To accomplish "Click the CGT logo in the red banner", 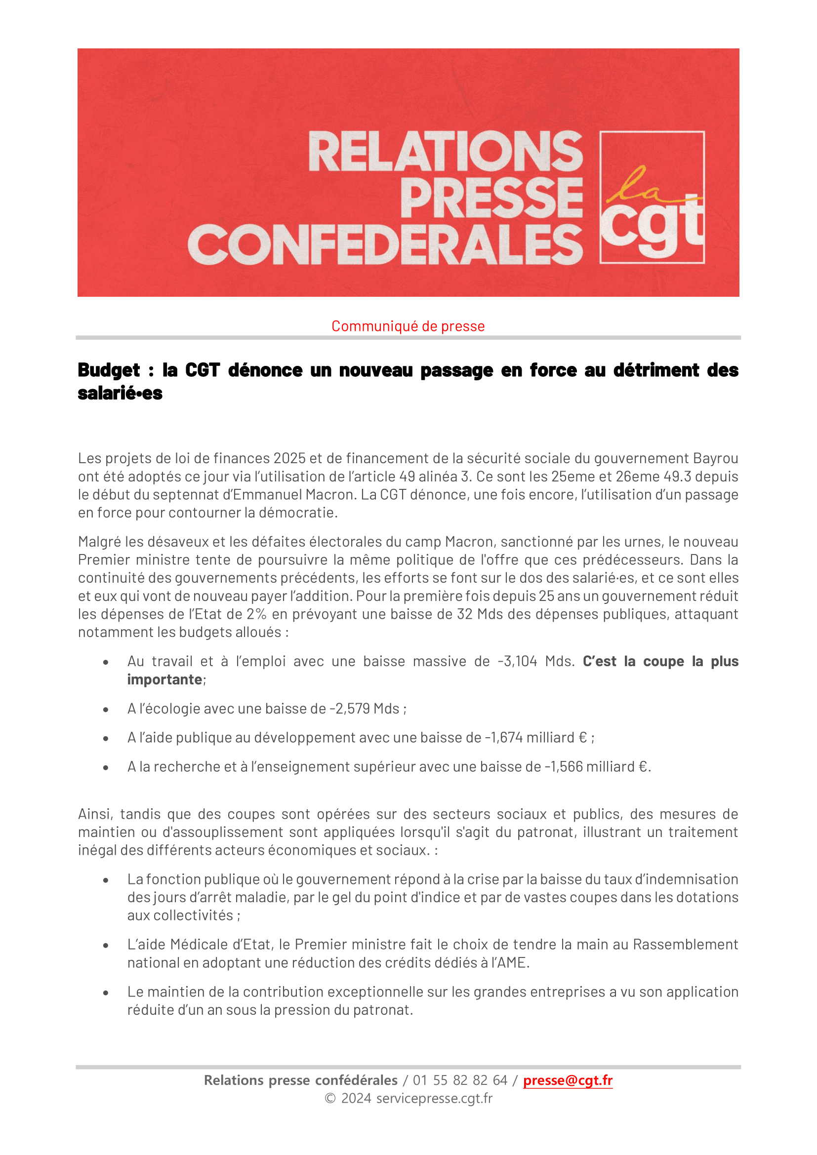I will [x=652, y=197].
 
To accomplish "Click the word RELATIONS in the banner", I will [x=446, y=152].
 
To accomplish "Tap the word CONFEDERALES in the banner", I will [x=385, y=245].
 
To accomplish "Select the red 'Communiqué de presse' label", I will [x=408, y=326].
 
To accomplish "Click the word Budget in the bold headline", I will [x=109, y=370].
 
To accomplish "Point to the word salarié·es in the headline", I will [x=120, y=394].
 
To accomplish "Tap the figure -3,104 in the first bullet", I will [x=517, y=661].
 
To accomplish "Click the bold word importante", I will [x=164, y=679].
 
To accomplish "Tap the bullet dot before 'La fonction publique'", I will [x=106, y=880].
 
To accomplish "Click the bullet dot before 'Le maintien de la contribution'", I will [x=106, y=993].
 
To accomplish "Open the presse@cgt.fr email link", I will [x=568, y=1080].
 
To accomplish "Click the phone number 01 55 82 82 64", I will [x=460, y=1080].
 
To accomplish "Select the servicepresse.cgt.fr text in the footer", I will [x=434, y=1098].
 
